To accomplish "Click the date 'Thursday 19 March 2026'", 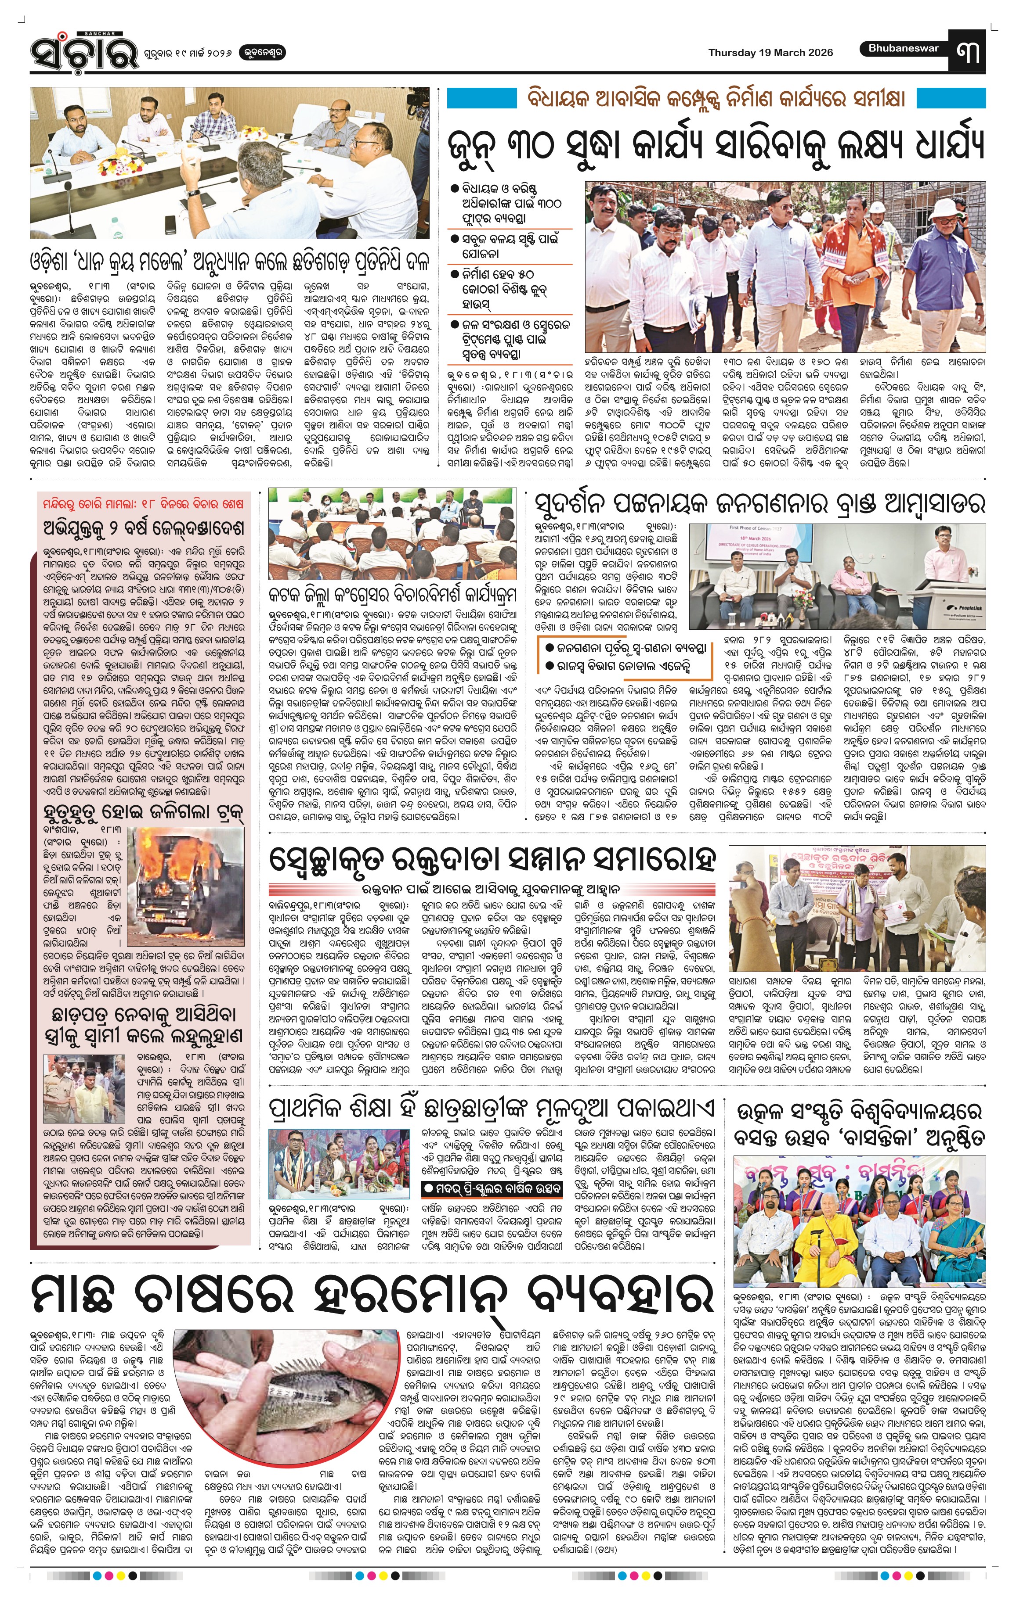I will (x=770, y=53).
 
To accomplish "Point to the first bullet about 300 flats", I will (x=511, y=203).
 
